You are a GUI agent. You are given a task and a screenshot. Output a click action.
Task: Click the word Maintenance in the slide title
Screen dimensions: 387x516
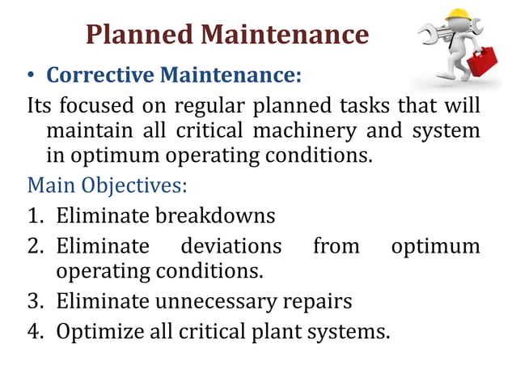coord(283,34)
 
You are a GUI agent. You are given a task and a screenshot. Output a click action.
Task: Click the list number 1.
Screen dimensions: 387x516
coord(34,216)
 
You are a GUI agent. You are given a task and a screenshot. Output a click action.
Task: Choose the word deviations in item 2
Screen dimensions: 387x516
coord(231,245)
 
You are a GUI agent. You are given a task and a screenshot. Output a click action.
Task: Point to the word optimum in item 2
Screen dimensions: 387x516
coord(435,245)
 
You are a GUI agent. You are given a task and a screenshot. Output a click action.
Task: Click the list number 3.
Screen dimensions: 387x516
coord(34,302)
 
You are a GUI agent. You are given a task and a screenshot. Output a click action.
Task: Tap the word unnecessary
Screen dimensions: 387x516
coord(215,302)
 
